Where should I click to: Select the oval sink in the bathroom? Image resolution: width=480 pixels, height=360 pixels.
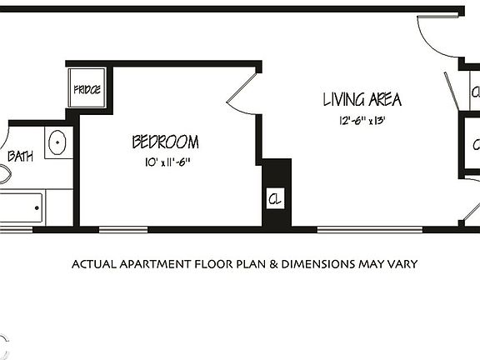point(57,142)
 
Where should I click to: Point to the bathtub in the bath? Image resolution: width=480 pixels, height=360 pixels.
point(20,207)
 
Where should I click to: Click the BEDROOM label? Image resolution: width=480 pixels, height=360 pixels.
point(165,142)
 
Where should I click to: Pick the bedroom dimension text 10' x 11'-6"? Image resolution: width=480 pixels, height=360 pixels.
point(166,162)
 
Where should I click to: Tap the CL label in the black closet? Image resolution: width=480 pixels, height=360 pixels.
point(275,200)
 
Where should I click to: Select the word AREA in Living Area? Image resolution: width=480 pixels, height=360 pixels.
point(385,101)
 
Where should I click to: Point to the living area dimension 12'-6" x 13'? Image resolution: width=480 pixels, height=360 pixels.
point(361,121)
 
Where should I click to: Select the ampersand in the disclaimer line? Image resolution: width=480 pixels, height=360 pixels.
point(274,265)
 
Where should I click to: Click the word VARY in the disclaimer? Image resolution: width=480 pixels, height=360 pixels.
point(401,265)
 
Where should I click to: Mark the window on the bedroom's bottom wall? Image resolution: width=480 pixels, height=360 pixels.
point(123,229)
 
